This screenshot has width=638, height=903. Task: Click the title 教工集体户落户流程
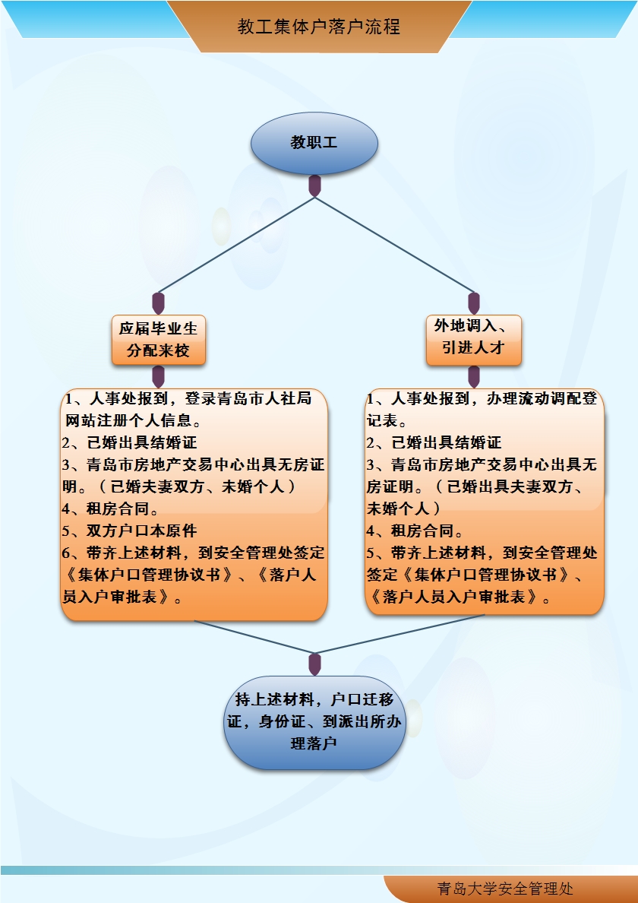click(x=318, y=27)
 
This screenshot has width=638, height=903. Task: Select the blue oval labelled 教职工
click(x=314, y=143)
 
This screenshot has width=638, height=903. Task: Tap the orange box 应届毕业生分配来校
click(x=159, y=339)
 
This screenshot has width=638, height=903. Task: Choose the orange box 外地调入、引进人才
click(x=474, y=339)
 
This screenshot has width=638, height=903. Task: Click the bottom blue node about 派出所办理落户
click(x=314, y=721)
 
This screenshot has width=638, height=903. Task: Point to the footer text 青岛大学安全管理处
click(x=505, y=889)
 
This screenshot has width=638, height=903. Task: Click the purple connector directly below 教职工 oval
click(x=314, y=185)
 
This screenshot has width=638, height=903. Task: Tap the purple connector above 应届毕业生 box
click(x=159, y=303)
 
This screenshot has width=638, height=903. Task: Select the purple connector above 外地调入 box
click(x=474, y=303)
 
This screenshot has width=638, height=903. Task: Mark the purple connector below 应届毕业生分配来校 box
click(x=159, y=376)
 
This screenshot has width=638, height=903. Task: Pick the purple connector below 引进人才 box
click(x=474, y=376)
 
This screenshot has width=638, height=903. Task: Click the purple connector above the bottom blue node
click(x=314, y=663)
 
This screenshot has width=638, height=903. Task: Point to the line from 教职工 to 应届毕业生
click(x=235, y=245)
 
